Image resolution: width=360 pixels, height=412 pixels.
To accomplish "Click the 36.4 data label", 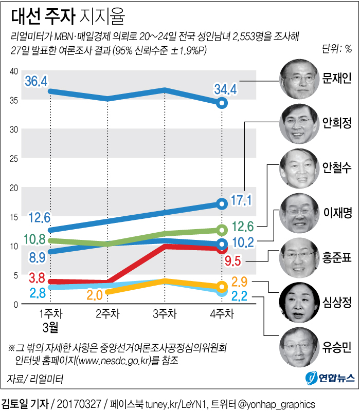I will pos(36,81).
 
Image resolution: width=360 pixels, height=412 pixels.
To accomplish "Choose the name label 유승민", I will pos(337,348).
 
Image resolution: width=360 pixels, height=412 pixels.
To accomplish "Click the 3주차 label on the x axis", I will pos(165,313).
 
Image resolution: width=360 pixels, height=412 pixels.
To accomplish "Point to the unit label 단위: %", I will pos(337,49).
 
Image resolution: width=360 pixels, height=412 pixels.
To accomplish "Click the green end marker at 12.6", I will pos(222,230).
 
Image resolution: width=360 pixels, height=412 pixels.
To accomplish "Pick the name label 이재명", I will pos(337,213).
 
